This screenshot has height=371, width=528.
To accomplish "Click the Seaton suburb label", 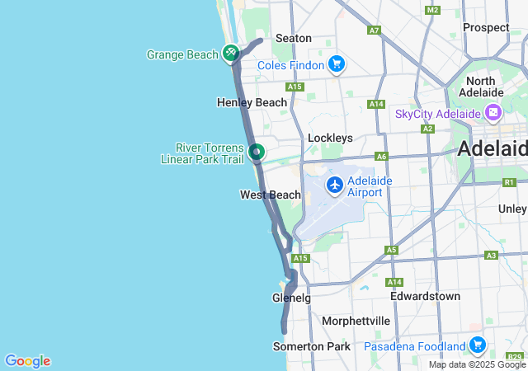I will click(x=293, y=38).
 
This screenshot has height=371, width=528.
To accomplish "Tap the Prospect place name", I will click(x=486, y=27).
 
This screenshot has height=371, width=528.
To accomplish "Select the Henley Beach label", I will click(x=252, y=102).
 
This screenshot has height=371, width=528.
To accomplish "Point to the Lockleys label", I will click(x=330, y=138).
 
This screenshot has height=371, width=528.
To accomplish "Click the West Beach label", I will click(x=271, y=195).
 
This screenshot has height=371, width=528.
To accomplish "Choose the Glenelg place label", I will click(x=291, y=298).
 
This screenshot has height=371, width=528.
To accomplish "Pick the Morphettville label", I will click(x=356, y=320).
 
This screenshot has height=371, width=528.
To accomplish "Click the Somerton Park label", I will click(x=312, y=346).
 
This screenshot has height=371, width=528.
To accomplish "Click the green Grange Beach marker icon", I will click(x=231, y=54).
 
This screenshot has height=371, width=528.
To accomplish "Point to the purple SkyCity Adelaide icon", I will click(x=493, y=113).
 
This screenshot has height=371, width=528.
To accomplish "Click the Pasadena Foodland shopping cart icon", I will click(x=477, y=344).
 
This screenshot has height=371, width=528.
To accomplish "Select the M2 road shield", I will click(x=432, y=10).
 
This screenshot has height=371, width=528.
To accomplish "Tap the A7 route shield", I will click(x=375, y=31).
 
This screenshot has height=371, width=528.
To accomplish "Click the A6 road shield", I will click(x=381, y=156).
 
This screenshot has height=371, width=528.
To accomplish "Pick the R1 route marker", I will click(x=509, y=182).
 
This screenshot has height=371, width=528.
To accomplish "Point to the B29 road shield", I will click(x=515, y=356).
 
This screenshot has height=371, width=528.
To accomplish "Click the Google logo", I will click(x=27, y=360).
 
